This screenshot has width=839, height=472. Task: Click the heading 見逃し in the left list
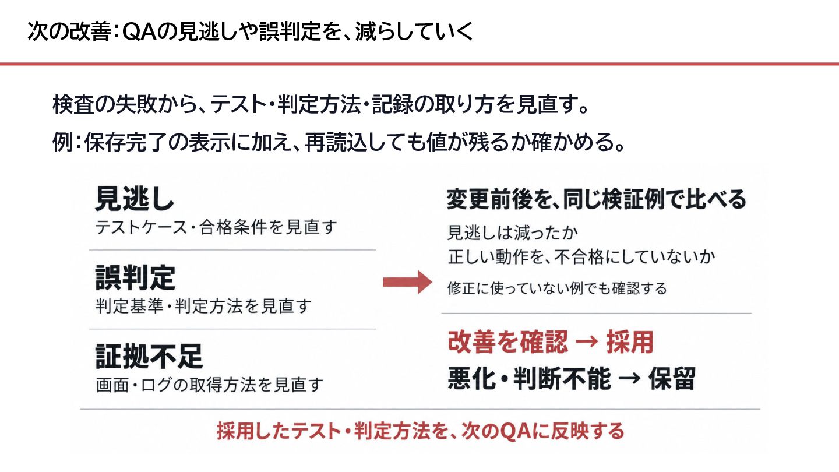(x=135, y=199)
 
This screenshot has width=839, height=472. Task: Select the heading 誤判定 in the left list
(x=135, y=277)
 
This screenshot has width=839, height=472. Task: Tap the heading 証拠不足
(x=149, y=356)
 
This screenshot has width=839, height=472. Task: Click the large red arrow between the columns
(x=407, y=282)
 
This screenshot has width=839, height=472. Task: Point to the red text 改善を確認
(x=508, y=341)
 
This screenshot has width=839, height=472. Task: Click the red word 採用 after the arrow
(x=630, y=341)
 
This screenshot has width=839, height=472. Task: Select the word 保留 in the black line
(x=672, y=378)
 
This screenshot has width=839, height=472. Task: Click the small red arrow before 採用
(x=587, y=342)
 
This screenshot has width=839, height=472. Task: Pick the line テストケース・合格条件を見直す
(x=216, y=227)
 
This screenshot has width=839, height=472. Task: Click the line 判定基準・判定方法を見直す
(x=203, y=306)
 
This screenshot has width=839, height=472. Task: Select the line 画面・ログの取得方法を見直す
(x=209, y=385)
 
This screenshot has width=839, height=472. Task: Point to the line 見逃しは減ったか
(x=512, y=233)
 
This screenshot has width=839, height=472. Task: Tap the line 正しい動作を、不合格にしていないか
(x=581, y=257)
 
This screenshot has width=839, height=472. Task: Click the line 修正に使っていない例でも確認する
(x=557, y=288)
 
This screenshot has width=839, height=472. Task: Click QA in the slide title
(x=139, y=31)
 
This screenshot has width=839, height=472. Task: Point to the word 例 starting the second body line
(x=62, y=142)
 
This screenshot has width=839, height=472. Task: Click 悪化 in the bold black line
(x=473, y=378)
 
